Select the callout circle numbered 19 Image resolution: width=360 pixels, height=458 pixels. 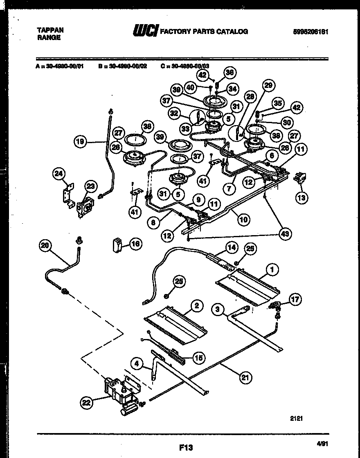[80, 142]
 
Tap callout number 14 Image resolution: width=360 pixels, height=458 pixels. [232, 247]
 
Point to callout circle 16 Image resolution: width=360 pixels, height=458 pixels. [135, 244]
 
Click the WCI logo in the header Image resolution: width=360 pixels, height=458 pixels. [145, 31]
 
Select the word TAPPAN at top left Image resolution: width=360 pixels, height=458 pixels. [50, 30]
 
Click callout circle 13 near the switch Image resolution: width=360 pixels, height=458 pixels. [302, 198]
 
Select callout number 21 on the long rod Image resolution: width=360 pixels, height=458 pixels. [245, 377]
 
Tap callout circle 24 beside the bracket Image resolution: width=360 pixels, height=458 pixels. [60, 174]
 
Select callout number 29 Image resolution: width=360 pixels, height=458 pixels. [268, 86]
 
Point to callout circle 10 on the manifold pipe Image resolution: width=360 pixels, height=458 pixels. [244, 219]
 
